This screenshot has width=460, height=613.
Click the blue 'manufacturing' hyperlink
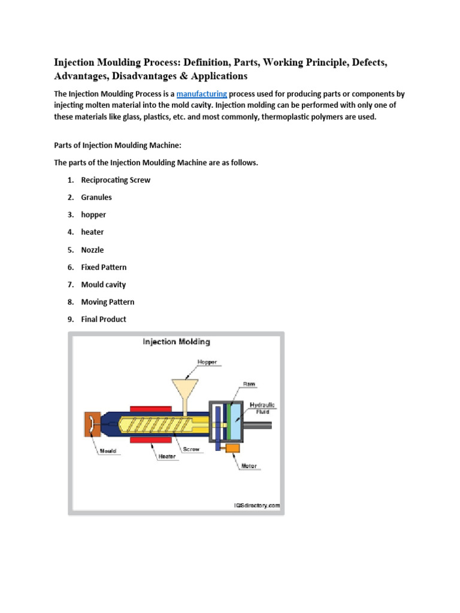pyautogui.click(x=201, y=95)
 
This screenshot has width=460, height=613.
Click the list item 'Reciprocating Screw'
pyautogui.click(x=116, y=180)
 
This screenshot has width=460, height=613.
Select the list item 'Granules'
pyautogui.click(x=96, y=198)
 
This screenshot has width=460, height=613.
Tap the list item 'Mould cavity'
pyautogui.click(x=104, y=285)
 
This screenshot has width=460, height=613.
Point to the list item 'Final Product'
pyautogui.click(x=104, y=320)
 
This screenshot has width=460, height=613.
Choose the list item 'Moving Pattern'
pyautogui.click(x=108, y=302)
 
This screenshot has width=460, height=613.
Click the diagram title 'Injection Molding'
pyautogui.click(x=176, y=342)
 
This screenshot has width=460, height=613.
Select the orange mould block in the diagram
pyautogui.click(x=92, y=424)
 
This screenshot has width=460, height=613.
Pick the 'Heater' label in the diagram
pyautogui.click(x=167, y=457)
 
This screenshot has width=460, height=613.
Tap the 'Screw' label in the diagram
pyautogui.click(x=191, y=449)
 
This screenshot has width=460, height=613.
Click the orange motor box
pyautogui.click(x=232, y=448)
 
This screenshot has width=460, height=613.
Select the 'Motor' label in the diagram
pyautogui.click(x=249, y=466)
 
